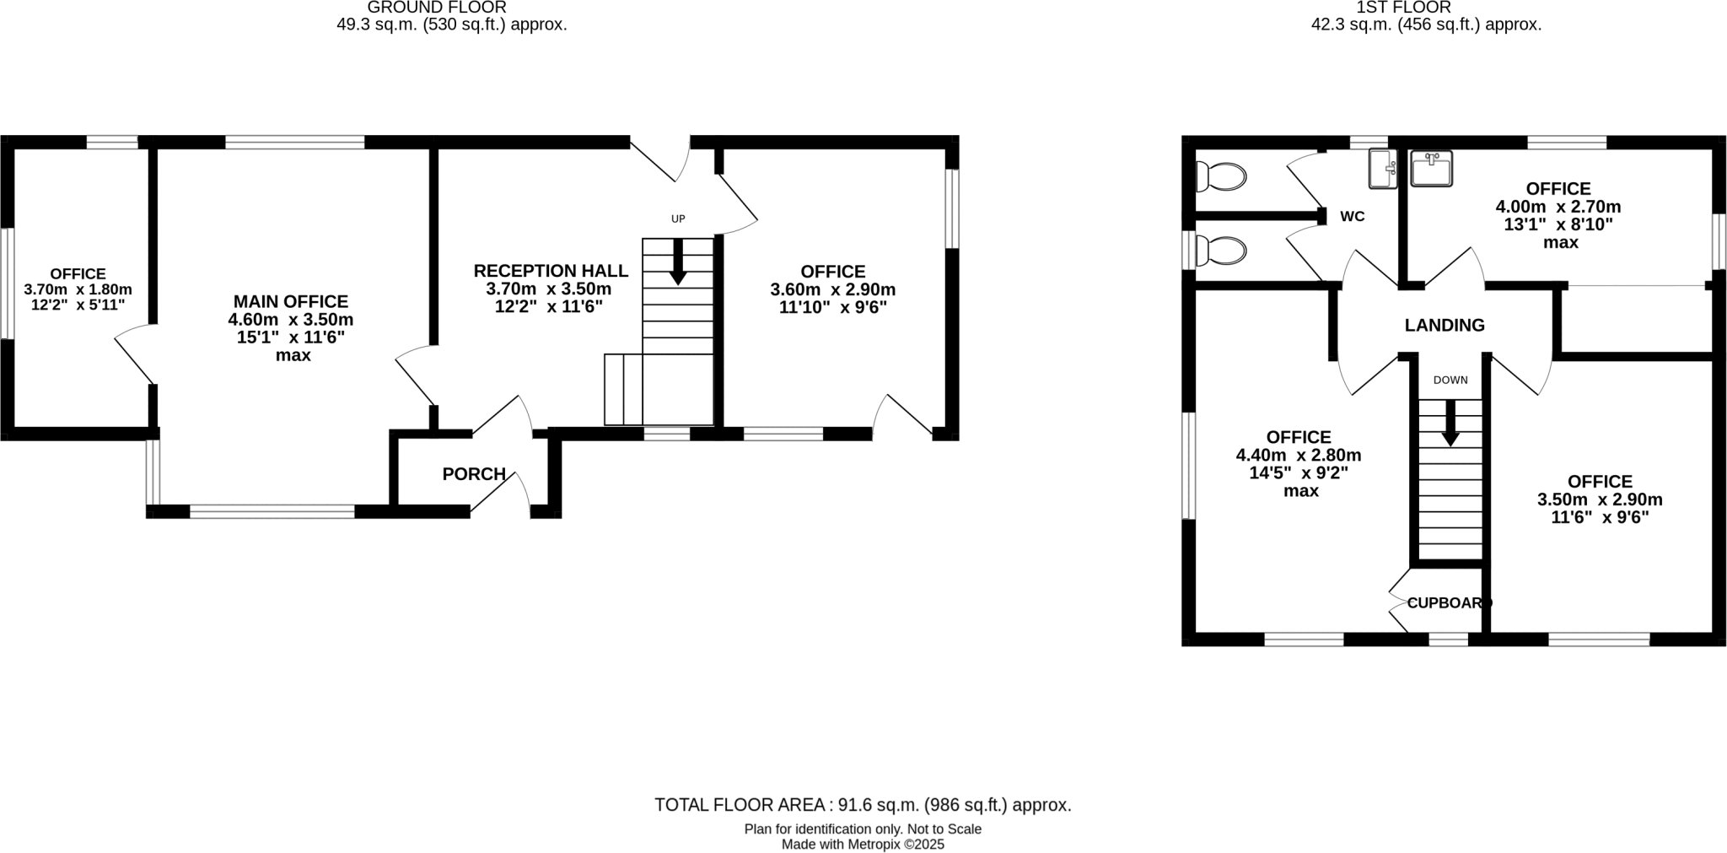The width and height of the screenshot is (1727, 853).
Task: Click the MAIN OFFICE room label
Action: [x=290, y=301]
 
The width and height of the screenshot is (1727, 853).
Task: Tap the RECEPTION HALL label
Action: [x=551, y=271]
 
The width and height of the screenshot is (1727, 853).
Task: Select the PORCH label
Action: [x=474, y=474]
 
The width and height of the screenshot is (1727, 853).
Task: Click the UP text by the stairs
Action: [x=678, y=219]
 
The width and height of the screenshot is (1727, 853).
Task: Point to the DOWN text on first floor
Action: [x=1450, y=381]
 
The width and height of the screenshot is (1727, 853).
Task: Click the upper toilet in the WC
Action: [x=1220, y=177]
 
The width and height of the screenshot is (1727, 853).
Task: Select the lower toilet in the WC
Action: [x=1220, y=251]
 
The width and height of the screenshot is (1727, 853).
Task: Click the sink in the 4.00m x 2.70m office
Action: [x=1431, y=169]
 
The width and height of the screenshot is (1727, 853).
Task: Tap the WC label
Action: [x=1353, y=217]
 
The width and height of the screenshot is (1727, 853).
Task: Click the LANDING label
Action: [x=1445, y=325]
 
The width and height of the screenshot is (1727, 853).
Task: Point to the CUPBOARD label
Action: [x=1449, y=603]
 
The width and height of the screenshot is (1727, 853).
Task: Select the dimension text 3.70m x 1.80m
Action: [x=78, y=289]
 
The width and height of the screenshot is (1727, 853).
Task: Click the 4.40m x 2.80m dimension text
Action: [x=1299, y=456]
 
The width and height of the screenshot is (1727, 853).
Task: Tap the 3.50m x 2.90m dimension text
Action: [x=1600, y=499]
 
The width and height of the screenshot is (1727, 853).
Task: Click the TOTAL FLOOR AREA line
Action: [x=863, y=805]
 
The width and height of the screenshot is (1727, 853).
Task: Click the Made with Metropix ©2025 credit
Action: [x=863, y=844]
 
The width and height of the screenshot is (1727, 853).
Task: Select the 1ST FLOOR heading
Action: [x=1426, y=8]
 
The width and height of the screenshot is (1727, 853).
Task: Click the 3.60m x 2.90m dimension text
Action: [x=833, y=290]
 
